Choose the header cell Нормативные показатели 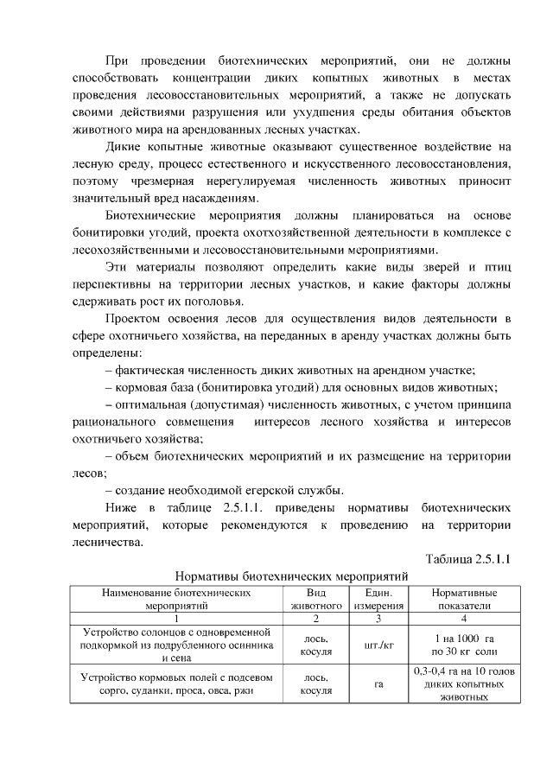(463, 600)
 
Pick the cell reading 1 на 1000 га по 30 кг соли (464, 645)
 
